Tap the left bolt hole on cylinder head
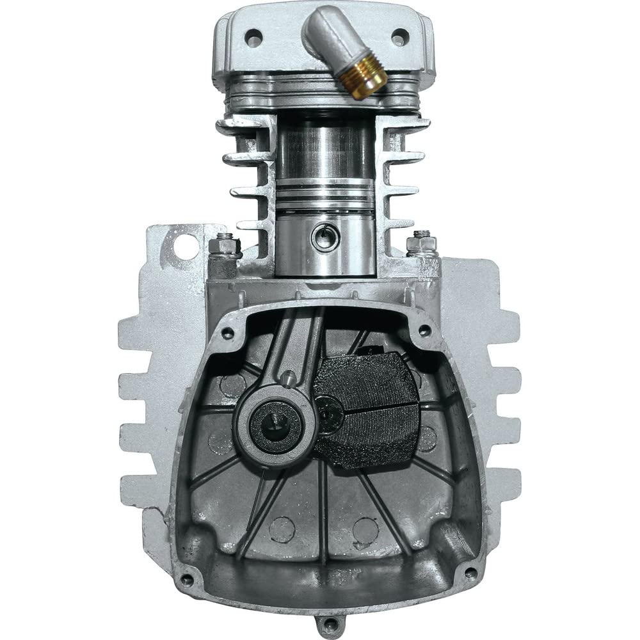tap(254, 37)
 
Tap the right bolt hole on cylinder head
tap(399, 36)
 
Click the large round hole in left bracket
tap(186, 246)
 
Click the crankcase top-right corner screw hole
tap(424, 331)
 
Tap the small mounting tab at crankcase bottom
tap(330, 621)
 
